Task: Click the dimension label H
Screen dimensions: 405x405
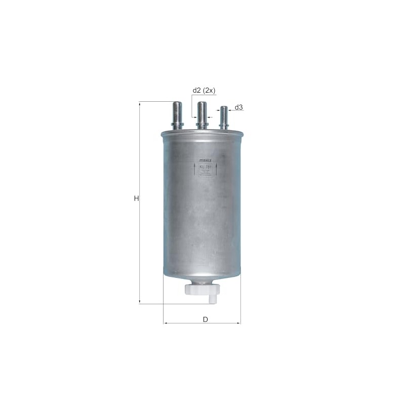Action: tap(136, 198)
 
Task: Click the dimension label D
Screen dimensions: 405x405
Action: tap(205, 319)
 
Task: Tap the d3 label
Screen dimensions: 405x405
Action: tap(239, 107)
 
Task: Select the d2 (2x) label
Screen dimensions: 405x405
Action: tap(204, 91)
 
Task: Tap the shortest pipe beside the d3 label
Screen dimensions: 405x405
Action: tap(223, 116)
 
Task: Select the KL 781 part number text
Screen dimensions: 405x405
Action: tap(205, 167)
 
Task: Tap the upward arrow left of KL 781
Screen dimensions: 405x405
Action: tap(196, 169)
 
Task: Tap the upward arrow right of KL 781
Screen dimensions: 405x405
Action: tap(213, 169)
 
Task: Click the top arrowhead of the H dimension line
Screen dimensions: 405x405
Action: tap(139, 104)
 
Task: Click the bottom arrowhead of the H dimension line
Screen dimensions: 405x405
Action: tap(139, 302)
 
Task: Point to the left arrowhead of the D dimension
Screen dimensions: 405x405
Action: tap(166, 323)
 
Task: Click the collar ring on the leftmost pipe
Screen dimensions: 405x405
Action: tap(177, 123)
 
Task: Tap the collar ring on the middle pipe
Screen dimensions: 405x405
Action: tap(202, 123)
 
